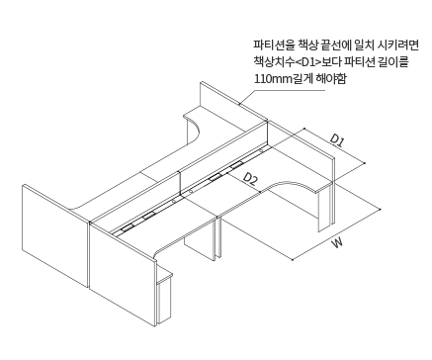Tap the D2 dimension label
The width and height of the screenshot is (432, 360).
point(251,178)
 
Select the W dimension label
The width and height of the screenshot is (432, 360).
point(338,241)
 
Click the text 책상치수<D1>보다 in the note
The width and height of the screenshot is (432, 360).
point(297,61)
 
